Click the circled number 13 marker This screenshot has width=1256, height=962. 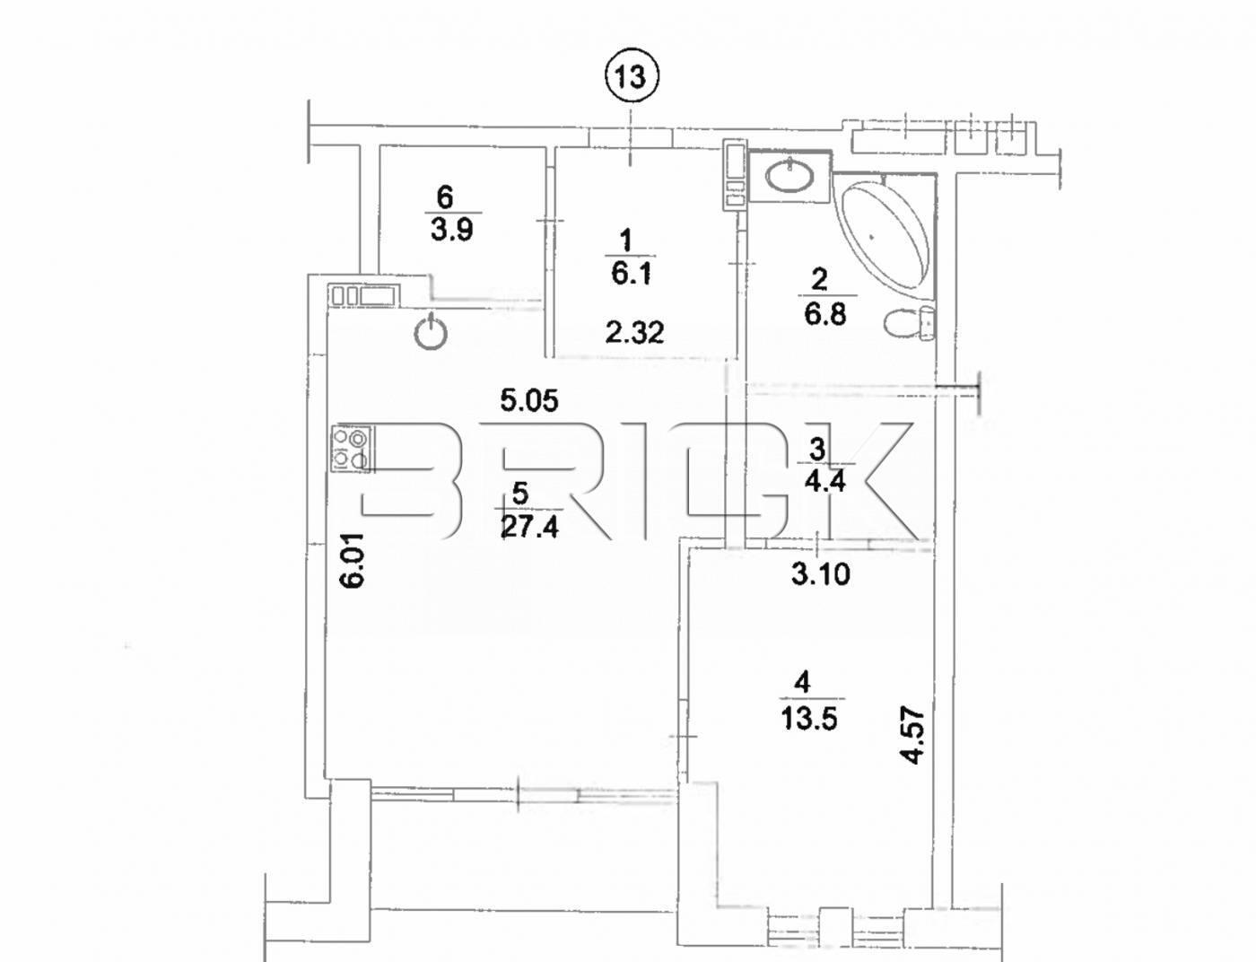631,76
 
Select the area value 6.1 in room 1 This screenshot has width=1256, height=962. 632,273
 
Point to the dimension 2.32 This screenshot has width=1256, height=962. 634,333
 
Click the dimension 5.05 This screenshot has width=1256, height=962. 529,399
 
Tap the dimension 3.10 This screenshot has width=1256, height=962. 820,573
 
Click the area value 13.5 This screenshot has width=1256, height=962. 809,718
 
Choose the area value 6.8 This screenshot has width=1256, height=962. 825,314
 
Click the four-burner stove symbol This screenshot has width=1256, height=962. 351,448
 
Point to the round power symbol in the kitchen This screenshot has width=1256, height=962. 432,333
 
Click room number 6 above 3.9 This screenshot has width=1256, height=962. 445,196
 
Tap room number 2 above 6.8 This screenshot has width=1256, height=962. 818,280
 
